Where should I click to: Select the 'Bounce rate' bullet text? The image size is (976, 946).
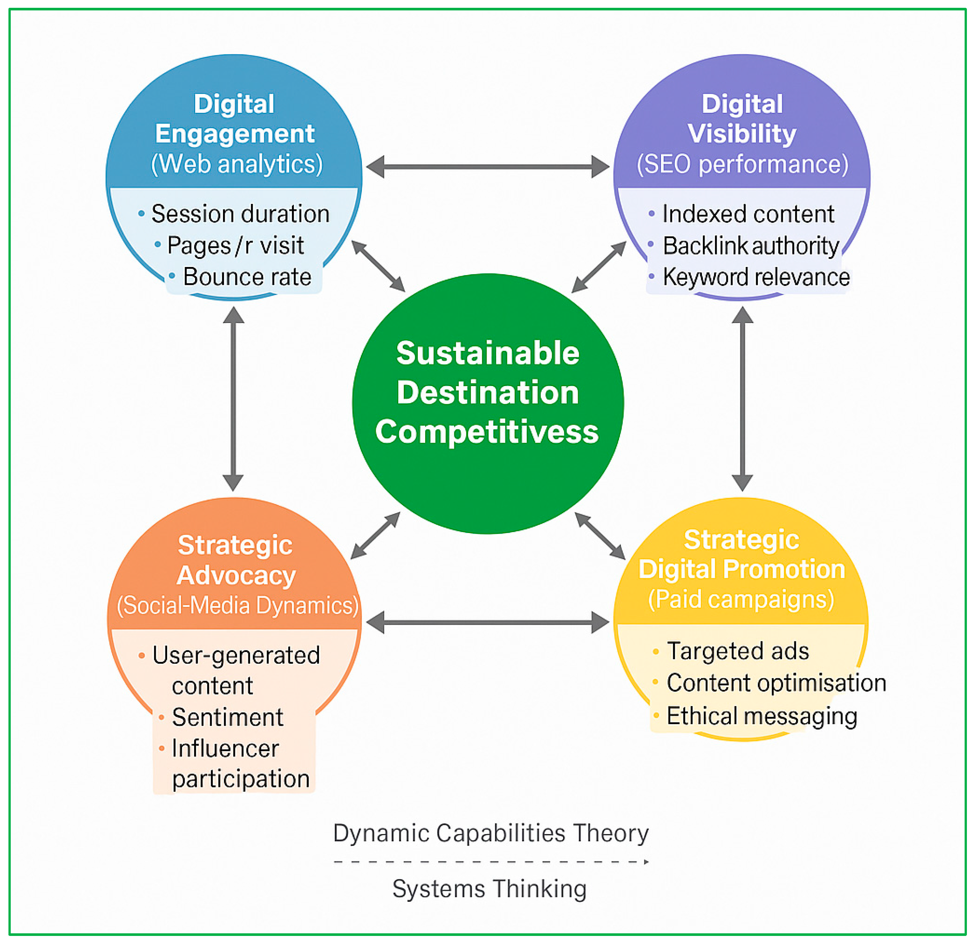tap(247, 277)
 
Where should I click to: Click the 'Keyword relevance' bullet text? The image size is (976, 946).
tap(756, 277)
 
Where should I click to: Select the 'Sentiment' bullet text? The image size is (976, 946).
tap(228, 718)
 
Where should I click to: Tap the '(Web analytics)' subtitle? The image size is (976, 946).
tap(237, 165)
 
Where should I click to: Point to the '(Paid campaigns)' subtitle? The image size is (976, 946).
tap(741, 599)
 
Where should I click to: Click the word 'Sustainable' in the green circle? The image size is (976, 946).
tap(488, 353)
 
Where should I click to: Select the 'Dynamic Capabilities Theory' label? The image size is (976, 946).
tap(491, 833)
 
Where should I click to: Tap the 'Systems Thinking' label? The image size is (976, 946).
tap(490, 889)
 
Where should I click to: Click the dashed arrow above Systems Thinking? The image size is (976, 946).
tap(491, 862)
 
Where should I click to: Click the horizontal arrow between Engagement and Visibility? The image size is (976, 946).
tap(488, 167)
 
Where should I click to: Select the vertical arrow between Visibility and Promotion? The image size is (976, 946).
tap(742, 398)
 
